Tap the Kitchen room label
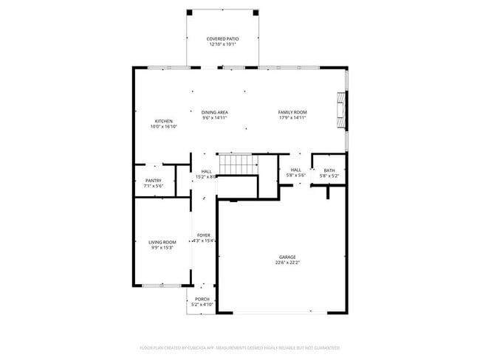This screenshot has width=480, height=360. pos(163,121)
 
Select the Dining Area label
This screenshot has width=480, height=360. pos(214,112)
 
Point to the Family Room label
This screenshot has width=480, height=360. pos(292,112)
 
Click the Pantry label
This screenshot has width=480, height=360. pos(154,180)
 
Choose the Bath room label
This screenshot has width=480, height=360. pos(329,170)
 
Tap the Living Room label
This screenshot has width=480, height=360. pos(162,242)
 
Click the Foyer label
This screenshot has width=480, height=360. pos(203,235)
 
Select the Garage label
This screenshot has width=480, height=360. pos(287,257)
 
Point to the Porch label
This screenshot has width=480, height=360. pos(202,299)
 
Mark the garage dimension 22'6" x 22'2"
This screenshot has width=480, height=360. pos(287,263)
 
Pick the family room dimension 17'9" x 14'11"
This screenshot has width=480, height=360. pos(292,118)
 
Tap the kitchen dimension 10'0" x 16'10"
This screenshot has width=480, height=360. pos(163,127)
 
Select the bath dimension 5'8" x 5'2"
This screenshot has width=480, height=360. pos(329,176)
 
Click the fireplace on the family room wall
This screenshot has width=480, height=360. pos(340,107)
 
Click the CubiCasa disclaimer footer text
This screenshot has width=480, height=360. pos(239,347)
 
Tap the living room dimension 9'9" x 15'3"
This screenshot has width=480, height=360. pos(162,248)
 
